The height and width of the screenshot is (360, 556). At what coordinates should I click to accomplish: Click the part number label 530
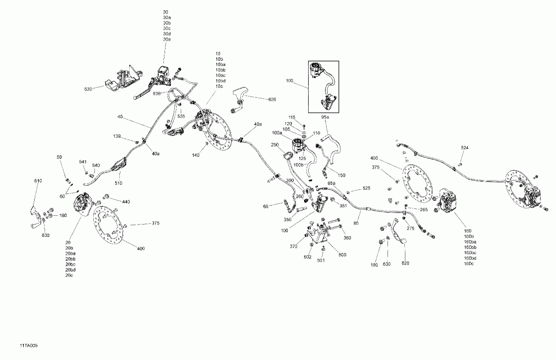click(88, 89)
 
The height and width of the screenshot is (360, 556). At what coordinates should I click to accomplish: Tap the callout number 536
click(157, 93)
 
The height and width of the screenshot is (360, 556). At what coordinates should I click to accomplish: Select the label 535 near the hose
click(181, 116)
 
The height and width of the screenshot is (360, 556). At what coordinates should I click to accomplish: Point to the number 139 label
click(117, 136)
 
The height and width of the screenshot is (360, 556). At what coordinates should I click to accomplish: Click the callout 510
click(118, 183)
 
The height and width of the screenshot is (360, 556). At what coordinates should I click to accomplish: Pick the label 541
click(83, 161)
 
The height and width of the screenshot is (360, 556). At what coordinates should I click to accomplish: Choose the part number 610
click(38, 181)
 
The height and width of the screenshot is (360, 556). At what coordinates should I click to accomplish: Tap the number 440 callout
click(126, 201)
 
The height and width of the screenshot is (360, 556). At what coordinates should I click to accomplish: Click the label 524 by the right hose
click(464, 148)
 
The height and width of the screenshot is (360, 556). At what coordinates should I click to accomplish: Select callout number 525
click(366, 189)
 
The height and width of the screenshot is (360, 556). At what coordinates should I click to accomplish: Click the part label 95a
click(325, 117)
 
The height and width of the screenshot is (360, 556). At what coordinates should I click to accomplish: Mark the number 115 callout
click(292, 117)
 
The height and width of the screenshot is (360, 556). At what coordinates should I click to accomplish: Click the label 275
click(410, 229)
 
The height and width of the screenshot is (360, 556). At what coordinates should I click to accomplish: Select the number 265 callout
click(423, 209)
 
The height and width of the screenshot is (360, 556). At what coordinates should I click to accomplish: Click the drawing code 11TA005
click(17, 346)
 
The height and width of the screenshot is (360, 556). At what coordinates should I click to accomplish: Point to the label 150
click(342, 175)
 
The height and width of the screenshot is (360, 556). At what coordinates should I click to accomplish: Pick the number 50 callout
click(59, 157)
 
